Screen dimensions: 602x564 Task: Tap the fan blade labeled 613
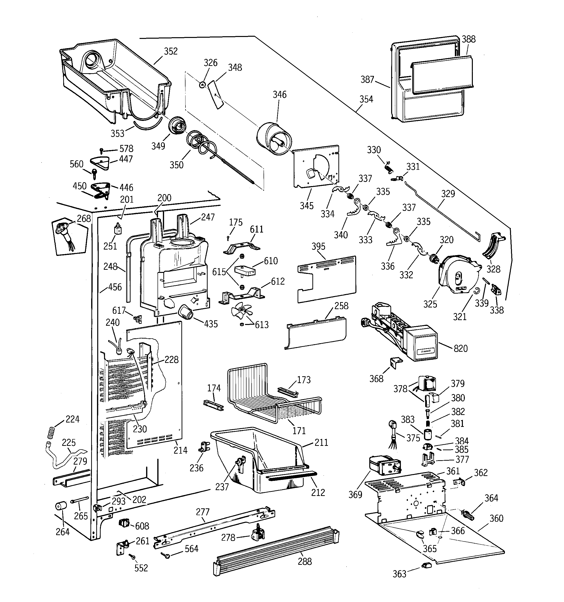click(241, 310)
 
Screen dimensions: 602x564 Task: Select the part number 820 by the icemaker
click(460, 348)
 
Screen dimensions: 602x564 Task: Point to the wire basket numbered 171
click(273, 394)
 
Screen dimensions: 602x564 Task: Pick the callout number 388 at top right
click(468, 39)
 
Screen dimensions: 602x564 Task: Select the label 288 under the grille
click(305, 561)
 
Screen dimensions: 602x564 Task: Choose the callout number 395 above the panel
click(318, 246)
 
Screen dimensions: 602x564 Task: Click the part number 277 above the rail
click(203, 512)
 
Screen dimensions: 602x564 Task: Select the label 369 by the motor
click(355, 494)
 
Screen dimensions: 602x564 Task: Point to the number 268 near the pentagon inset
click(84, 218)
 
